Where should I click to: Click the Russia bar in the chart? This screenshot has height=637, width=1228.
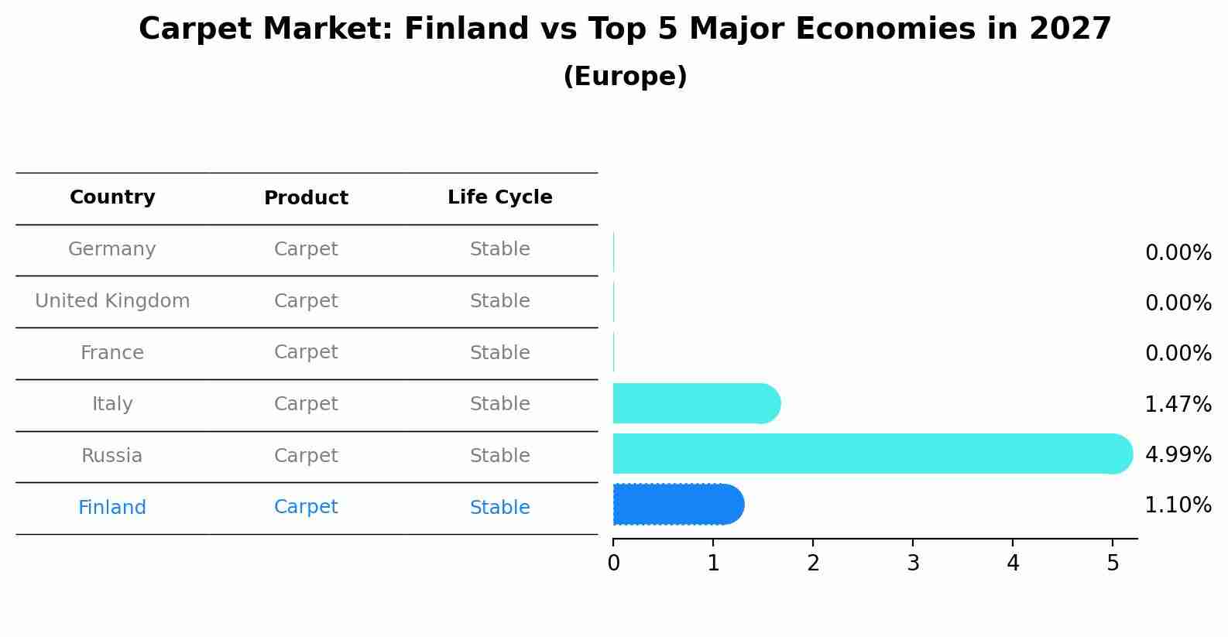(x=873, y=454)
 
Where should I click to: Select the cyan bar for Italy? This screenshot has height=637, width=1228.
(x=697, y=403)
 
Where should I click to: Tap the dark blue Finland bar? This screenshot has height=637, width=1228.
(x=679, y=505)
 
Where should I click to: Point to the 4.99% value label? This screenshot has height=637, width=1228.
(x=1178, y=454)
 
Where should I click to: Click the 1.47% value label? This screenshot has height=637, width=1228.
(x=1178, y=404)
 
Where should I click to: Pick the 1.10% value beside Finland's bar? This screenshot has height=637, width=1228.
(x=1178, y=505)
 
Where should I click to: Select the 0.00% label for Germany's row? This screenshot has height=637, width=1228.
(x=1178, y=253)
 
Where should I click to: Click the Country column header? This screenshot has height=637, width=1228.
(x=112, y=197)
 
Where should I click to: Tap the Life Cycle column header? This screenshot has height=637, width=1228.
(x=500, y=197)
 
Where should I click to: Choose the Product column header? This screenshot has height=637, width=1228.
(x=306, y=197)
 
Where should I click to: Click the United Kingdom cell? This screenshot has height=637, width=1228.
(x=112, y=301)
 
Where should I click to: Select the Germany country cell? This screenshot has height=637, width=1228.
(x=112, y=249)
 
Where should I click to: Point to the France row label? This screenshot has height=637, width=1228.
(x=112, y=352)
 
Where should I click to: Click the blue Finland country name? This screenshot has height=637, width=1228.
(x=112, y=507)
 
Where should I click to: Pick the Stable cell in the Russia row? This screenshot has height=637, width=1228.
(x=500, y=456)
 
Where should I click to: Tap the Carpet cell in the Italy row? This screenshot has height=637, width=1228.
(x=306, y=404)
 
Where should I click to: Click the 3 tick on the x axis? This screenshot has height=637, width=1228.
(x=913, y=563)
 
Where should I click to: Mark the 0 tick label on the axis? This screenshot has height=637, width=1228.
(x=613, y=563)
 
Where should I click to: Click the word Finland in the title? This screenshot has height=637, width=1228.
(x=467, y=29)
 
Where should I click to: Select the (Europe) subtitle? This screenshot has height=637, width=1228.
(x=625, y=76)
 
